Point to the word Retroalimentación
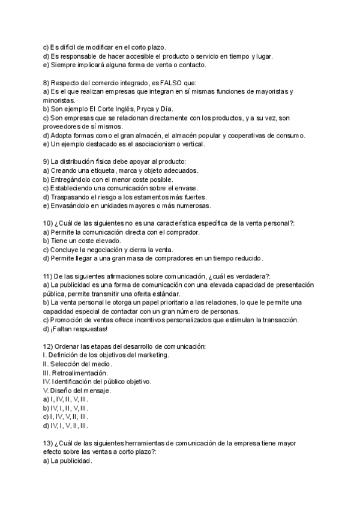[x=81, y=373]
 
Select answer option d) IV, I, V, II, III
[x=66, y=426]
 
